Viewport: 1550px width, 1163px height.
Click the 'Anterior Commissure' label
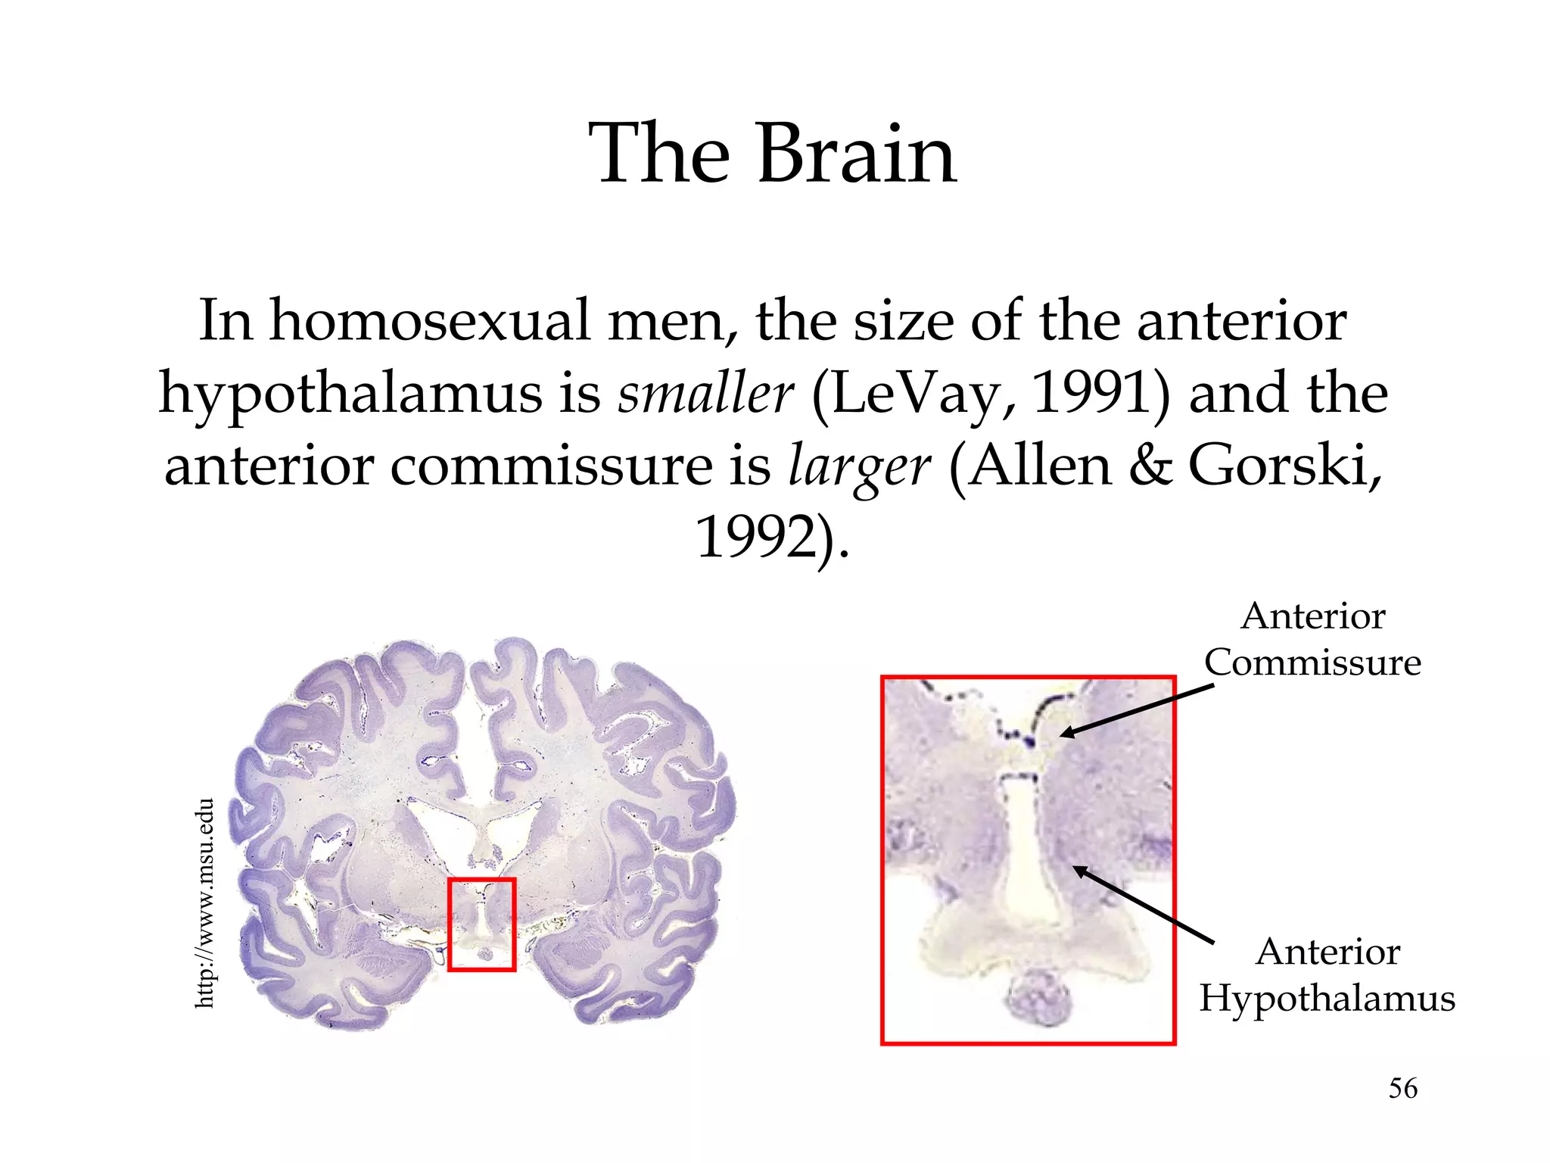1313,639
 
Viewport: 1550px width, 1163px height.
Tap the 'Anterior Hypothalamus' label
1327,974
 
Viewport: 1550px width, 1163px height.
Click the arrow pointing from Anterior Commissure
1135,710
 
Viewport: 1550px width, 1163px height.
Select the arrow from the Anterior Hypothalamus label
1143,905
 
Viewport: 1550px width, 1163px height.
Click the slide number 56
1402,1088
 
